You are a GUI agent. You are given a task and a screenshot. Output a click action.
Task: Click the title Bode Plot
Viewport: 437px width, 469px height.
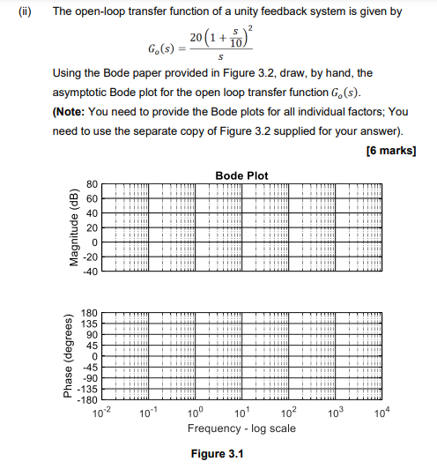coord(242,175)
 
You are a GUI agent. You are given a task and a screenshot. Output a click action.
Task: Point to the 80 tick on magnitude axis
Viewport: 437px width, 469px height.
coord(90,185)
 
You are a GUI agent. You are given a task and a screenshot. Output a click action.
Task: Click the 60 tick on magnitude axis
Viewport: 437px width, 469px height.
coord(90,199)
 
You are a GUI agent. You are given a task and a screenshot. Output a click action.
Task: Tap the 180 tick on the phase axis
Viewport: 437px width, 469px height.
coord(88,313)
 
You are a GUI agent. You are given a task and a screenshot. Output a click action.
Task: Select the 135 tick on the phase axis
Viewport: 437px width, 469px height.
coord(88,324)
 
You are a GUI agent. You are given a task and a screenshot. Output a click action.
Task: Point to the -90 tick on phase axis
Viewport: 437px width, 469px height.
coord(88,377)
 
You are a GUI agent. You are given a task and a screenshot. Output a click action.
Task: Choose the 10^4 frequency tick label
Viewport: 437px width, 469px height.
coord(381,413)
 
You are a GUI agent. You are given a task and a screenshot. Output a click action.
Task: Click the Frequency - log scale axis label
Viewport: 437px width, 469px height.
coord(241,428)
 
